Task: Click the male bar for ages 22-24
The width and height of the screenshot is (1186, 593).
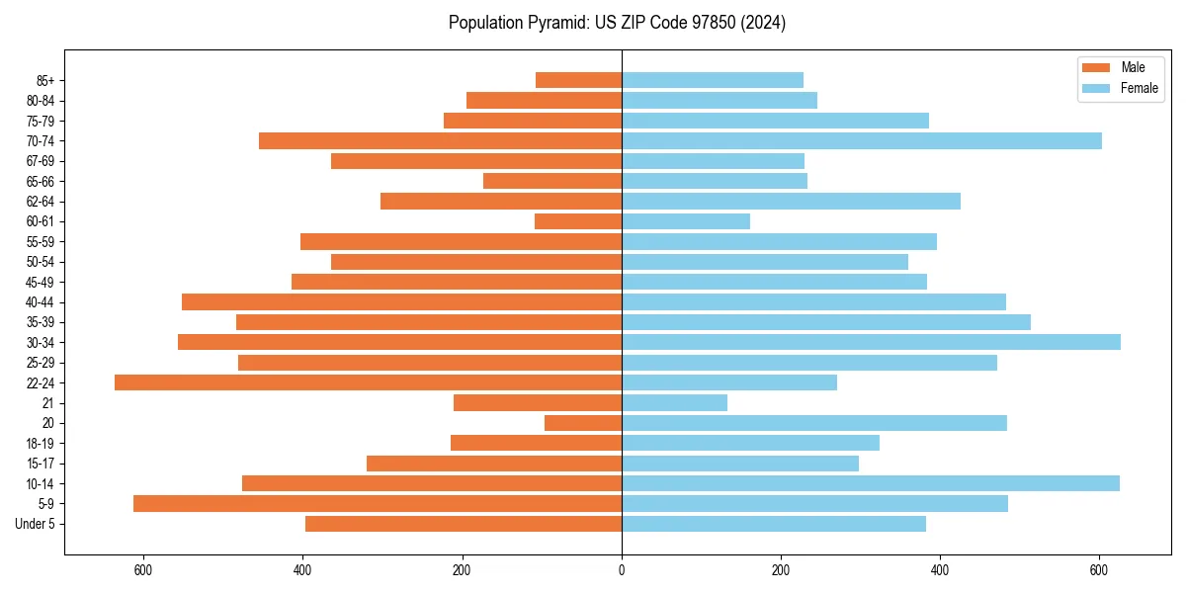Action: pyautogui.click(x=368, y=382)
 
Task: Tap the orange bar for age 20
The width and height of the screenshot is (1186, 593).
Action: pyautogui.click(x=583, y=423)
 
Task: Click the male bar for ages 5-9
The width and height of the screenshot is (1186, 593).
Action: pyautogui.click(x=378, y=504)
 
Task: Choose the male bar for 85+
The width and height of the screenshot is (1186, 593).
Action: pyautogui.click(x=578, y=80)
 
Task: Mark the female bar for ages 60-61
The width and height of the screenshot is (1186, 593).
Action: pyautogui.click(x=686, y=221)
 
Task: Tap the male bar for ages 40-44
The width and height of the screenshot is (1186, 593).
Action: pyautogui.click(x=401, y=302)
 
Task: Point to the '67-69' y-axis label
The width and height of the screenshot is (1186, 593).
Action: pyautogui.click(x=41, y=161)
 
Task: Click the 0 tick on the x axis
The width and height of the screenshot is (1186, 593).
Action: pyautogui.click(x=622, y=569)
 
